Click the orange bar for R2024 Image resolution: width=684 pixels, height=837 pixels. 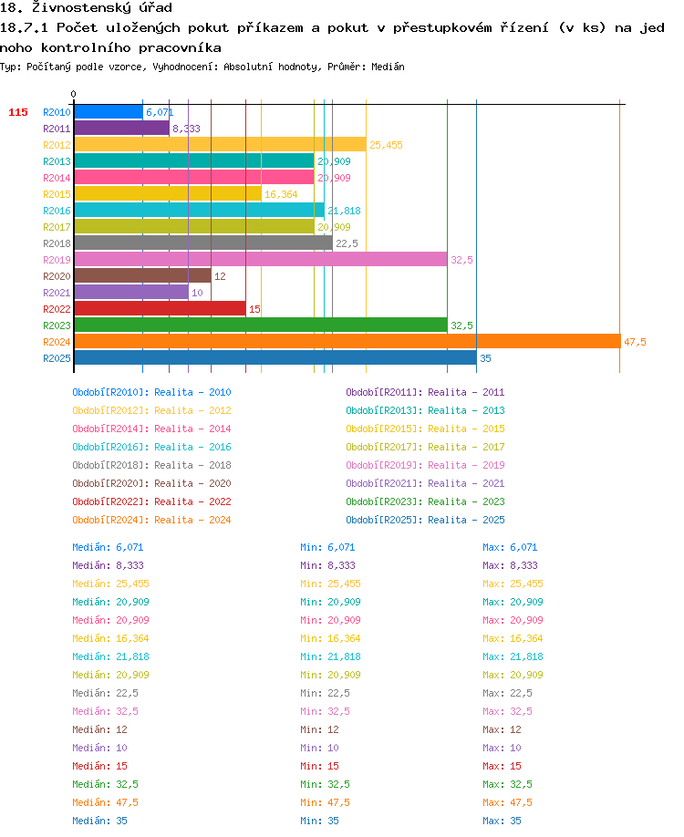tap(347, 342)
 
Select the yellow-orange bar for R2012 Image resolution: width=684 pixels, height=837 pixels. tap(221, 145)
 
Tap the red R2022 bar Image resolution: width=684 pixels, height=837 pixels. tap(161, 308)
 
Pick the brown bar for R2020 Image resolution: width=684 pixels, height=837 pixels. tap(143, 276)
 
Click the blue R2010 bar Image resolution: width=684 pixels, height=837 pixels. tap(109, 112)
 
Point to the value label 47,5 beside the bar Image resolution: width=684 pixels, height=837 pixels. tap(635, 342)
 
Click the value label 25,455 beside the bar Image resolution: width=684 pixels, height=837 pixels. tap(386, 145)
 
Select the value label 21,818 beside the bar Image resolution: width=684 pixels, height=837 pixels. tap(345, 211)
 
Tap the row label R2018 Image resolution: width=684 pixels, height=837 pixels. tap(57, 243)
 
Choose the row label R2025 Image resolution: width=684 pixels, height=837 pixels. tap(57, 358)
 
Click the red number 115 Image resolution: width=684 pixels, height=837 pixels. tap(18, 112)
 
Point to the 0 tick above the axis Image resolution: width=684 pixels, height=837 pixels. tap(74, 95)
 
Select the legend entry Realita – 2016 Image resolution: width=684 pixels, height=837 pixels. tap(192, 447)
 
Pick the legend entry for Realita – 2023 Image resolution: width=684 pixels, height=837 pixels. tap(466, 501)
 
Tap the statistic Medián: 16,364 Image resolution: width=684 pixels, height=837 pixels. tap(110, 638)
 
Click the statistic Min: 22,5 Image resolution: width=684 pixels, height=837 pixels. tap(326, 694)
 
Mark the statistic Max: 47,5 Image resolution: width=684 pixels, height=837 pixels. tap(507, 803)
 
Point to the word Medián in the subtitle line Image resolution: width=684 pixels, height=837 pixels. tap(388, 67)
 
